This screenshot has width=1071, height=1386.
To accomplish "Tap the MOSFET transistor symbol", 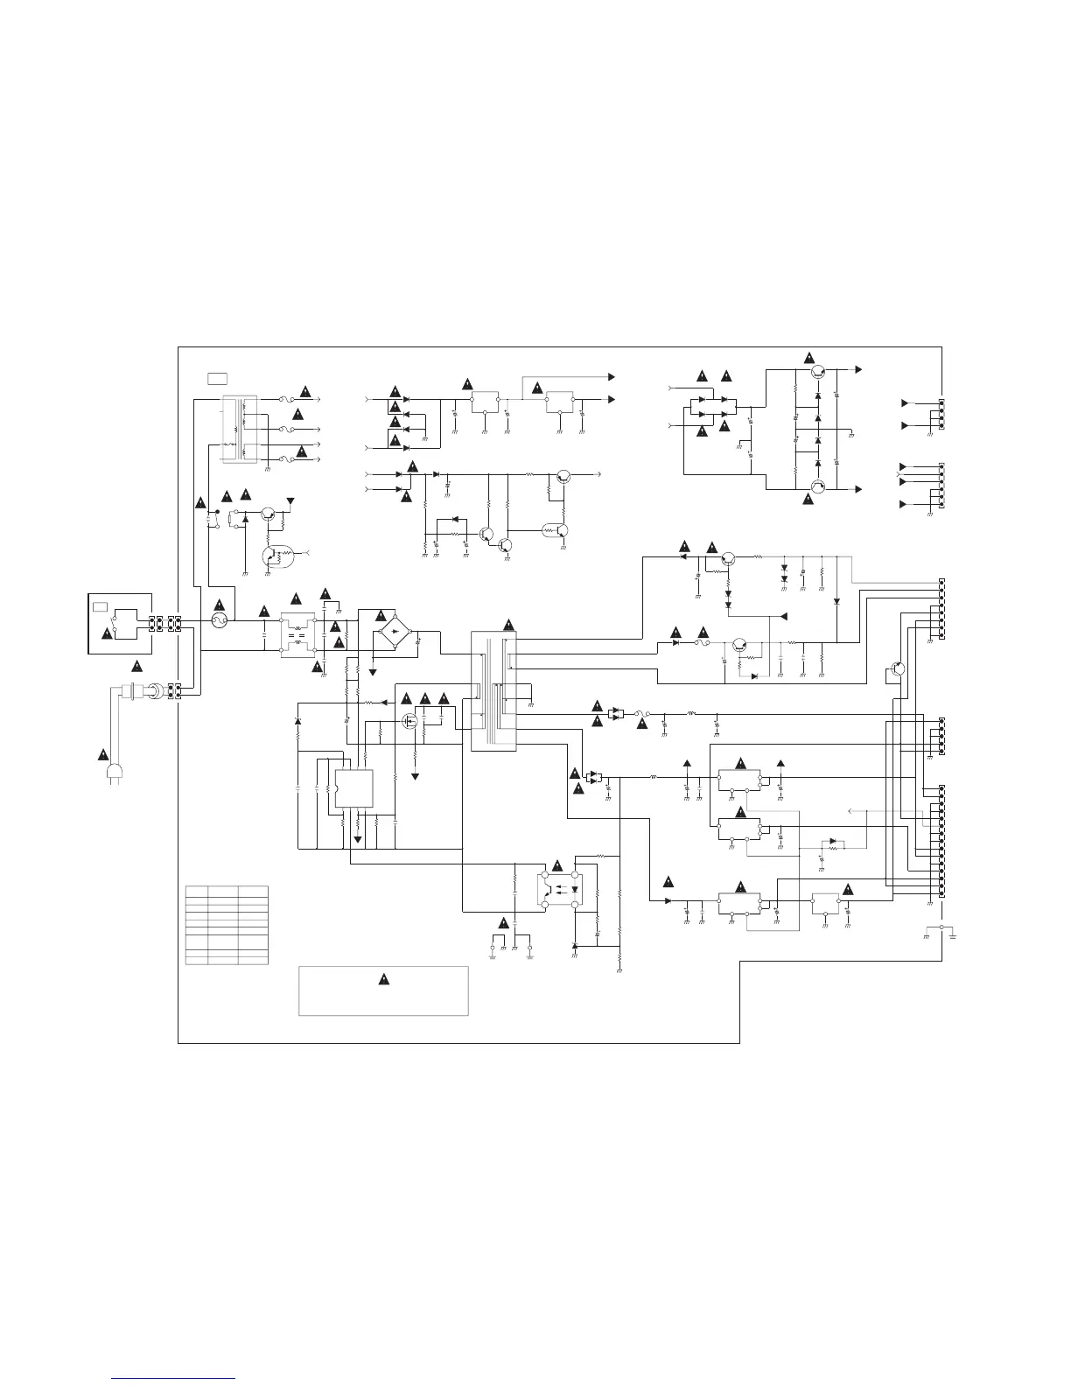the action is click(409, 722).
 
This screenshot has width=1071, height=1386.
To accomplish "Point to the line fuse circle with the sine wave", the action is click(219, 621).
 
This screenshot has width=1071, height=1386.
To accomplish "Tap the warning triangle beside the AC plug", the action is click(102, 754).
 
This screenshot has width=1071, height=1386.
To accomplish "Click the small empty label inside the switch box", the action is click(100, 605).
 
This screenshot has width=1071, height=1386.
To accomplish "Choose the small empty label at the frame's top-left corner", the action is click(217, 378).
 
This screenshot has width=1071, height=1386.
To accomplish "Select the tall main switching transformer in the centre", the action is click(493, 690).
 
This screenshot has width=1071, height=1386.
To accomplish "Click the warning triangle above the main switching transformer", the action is click(508, 623).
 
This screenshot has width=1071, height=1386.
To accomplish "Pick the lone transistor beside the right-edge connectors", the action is click(898, 669).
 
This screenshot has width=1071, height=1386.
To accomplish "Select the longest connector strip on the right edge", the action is click(941, 841).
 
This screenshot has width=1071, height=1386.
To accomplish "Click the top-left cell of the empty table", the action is click(197, 890).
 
